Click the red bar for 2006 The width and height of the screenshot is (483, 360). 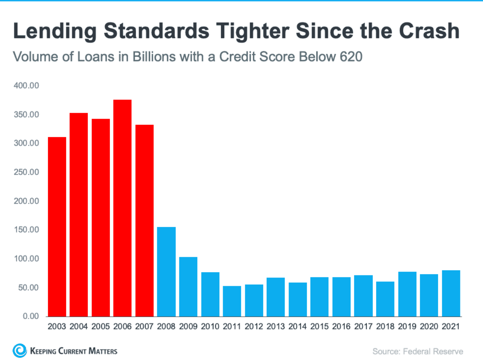point(122,208)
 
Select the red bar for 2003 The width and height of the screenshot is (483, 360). point(57,227)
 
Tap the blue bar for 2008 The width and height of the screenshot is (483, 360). point(166,271)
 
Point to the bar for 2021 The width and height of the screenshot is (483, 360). point(451,293)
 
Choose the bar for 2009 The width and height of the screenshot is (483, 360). point(188,287)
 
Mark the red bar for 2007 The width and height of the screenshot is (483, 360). point(144,220)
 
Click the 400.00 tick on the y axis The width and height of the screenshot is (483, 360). point(27,86)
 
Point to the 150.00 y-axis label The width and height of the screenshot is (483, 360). point(27,230)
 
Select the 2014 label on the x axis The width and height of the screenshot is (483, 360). point(298,327)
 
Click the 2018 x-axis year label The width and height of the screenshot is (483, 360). point(385,327)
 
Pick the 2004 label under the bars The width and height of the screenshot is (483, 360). point(79,327)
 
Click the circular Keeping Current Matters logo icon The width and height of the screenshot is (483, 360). point(19,350)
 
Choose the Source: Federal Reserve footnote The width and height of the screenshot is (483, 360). point(418,351)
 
